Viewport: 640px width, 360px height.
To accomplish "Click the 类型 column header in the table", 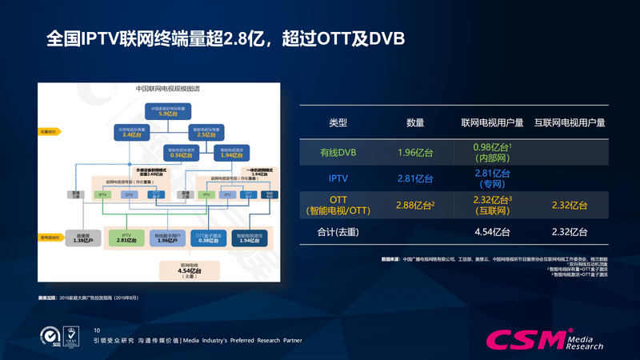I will point(338,123).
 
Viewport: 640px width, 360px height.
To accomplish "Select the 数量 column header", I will point(415,123).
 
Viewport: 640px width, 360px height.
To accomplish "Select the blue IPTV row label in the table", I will point(338,178).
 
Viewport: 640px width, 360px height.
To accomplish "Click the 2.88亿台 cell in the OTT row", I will point(415,206).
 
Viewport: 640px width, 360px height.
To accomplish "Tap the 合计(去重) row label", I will point(338,232).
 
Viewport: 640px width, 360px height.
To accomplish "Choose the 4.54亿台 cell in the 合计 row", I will point(493,232).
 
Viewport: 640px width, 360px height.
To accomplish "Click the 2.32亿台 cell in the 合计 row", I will point(570,232).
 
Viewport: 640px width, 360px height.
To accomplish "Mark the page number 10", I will point(98,330).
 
